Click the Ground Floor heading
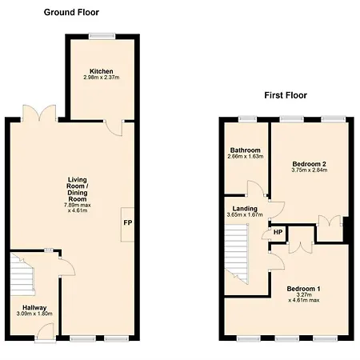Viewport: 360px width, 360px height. [71, 12]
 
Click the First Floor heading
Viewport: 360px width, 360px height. [286, 95]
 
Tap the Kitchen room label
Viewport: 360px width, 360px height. [102, 71]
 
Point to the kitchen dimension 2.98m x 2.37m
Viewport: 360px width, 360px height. [102, 78]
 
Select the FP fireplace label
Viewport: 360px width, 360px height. [128, 222]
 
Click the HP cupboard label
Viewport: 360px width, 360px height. [278, 232]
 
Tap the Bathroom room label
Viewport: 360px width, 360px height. [245, 150]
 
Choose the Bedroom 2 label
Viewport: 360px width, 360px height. [309, 164]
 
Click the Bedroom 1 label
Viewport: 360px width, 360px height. [303, 289]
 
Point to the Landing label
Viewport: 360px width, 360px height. [245, 209]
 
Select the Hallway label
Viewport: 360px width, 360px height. [34, 307]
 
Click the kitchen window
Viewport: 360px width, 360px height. [102, 36]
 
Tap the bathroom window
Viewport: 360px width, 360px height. [247, 119]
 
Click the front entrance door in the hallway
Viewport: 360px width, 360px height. [46, 332]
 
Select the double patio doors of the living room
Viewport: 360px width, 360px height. [39, 114]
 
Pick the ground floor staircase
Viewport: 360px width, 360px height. [22, 274]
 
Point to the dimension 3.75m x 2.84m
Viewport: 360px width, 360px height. [310, 170]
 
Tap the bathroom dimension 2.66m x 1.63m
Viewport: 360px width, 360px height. [246, 156]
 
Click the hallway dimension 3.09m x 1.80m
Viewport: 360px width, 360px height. [34, 314]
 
